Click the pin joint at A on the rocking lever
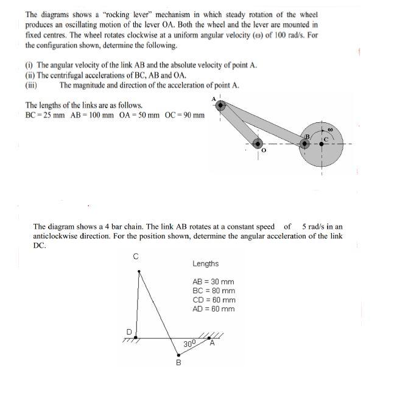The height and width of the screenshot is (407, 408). (221, 105)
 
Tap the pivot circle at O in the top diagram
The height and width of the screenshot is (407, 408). (258, 144)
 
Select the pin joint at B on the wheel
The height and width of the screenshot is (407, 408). (304, 144)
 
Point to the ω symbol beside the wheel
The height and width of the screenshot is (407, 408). (329, 129)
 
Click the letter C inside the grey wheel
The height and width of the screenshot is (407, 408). (326, 139)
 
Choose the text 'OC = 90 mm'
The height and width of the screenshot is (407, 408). (185, 115)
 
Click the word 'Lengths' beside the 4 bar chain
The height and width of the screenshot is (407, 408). (205, 264)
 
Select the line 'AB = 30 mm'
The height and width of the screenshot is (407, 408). (213, 282)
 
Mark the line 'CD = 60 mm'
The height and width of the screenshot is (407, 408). (213, 300)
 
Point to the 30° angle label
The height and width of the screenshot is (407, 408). (189, 344)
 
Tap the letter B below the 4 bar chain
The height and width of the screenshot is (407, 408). (178, 363)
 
